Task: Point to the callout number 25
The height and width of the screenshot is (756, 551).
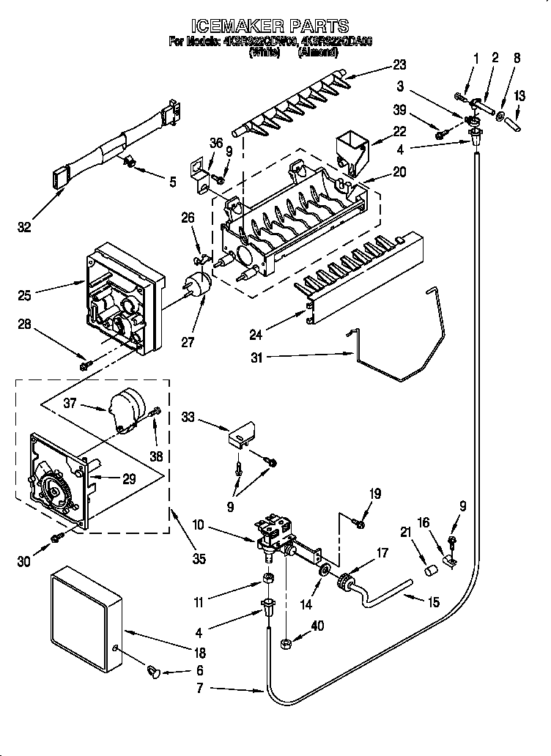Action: (24, 295)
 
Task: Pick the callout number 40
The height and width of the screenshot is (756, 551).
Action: (317, 626)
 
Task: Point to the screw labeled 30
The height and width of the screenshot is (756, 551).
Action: (56, 540)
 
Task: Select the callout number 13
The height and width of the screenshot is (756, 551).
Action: (520, 96)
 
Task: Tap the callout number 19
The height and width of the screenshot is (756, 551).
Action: (374, 494)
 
